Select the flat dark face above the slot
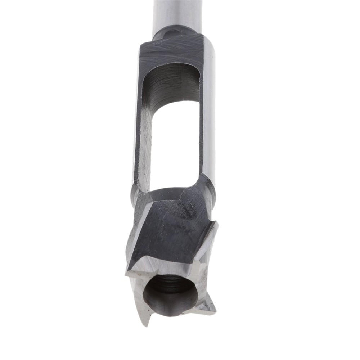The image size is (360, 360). [x=169, y=50]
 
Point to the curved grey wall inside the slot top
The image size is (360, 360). [x=169, y=86]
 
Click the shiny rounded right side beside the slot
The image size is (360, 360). [x=209, y=108]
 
